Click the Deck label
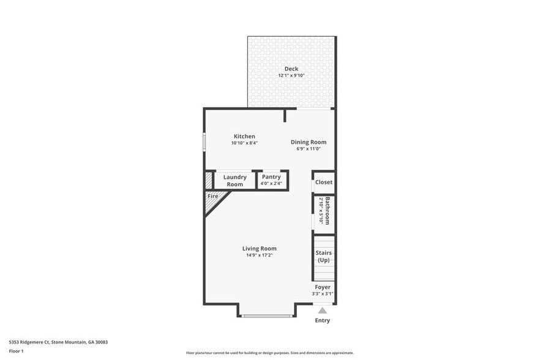coord(291,69)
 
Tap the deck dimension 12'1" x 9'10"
coord(291,76)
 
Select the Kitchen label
coord(244,136)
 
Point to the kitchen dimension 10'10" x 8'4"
coord(244,143)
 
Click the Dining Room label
coord(304,142)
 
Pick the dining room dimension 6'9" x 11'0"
coord(304,149)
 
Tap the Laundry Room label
coord(234,181)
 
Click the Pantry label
coord(271,177)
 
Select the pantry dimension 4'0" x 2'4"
coord(271,183)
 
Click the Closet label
coord(324,182)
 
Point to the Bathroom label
coord(328,211)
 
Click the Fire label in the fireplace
coord(213,196)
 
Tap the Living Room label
coord(260,248)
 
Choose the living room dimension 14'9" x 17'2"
coord(260,255)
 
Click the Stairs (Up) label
coord(323,257)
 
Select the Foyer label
coord(323,287)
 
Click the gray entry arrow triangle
coord(322,310)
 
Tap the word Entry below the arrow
coord(322,320)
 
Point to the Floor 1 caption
coord(16,351)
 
